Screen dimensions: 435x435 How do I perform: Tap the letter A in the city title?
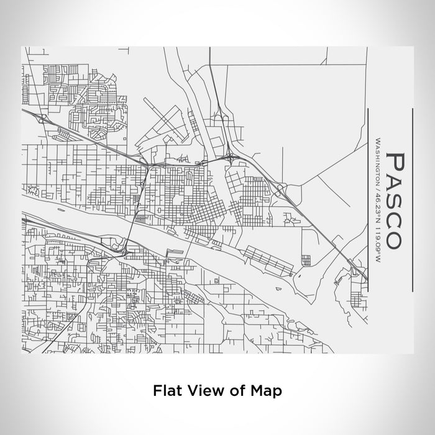395,181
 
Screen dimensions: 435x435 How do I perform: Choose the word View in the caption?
203,391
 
